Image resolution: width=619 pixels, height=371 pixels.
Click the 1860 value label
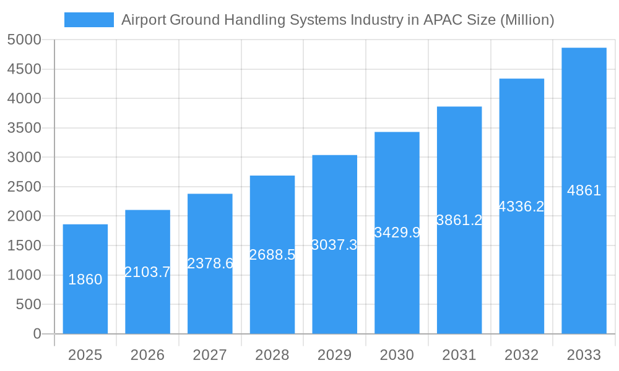(x=85, y=279)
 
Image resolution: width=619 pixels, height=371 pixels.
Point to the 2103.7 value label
(x=147, y=272)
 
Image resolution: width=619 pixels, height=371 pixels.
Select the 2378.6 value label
(x=210, y=263)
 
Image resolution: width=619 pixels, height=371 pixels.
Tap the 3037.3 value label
(x=334, y=245)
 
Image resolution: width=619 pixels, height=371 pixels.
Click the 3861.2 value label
(x=459, y=220)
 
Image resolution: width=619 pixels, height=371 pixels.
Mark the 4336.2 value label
(x=521, y=207)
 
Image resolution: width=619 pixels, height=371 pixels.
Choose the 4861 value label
(x=584, y=190)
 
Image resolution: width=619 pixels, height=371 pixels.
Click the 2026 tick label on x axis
(x=147, y=355)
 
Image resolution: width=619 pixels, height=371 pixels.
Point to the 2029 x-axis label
(x=334, y=355)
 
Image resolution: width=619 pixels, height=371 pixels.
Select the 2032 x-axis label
(x=521, y=355)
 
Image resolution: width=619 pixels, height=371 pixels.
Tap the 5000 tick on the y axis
(x=24, y=40)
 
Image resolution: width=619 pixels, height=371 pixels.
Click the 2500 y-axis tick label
(x=24, y=187)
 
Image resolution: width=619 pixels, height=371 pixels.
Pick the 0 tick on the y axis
(x=37, y=334)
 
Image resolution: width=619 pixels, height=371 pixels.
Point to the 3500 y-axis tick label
(x=24, y=128)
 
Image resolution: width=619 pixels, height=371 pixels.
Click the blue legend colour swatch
(x=89, y=20)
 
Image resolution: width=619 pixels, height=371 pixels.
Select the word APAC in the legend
(x=443, y=20)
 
